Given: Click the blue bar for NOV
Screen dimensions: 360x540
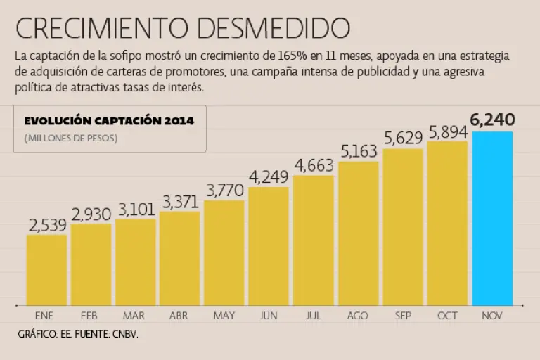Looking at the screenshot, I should point(492,218).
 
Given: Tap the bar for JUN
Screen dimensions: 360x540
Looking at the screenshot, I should point(269,245).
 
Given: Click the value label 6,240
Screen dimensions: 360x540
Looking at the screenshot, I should point(493,120).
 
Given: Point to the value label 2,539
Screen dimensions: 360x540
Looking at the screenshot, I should point(47,225).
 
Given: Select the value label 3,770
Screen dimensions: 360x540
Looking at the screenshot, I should point(224,190).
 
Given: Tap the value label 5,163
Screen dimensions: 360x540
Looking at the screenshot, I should point(359,151).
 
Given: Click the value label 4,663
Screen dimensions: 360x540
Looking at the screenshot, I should point(314,165).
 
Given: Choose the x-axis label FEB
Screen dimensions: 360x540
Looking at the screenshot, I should point(89,316).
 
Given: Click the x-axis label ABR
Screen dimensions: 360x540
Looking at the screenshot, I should point(179,316).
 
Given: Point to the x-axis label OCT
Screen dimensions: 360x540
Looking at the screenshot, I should point(447,316).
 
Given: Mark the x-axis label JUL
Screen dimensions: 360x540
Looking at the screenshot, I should point(314,316).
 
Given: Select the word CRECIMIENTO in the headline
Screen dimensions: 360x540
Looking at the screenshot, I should point(102,28).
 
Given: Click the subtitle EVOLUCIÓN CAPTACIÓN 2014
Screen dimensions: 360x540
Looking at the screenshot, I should point(109,121).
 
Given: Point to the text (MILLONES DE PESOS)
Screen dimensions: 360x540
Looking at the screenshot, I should point(71,139).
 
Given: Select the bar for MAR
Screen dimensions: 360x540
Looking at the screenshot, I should point(135,262).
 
